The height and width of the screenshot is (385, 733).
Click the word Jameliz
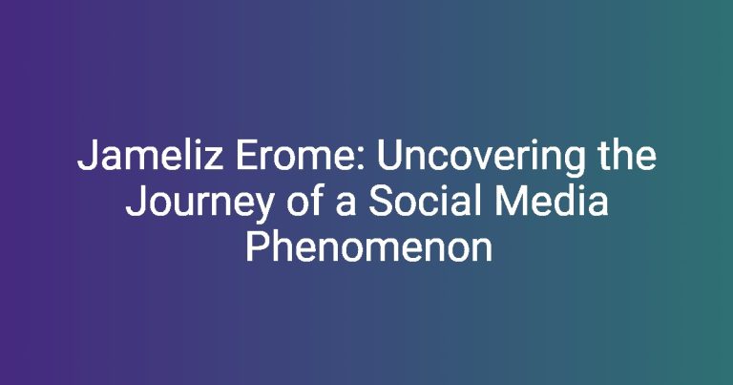150,156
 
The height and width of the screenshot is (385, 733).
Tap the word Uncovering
481,160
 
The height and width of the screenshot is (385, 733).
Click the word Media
552,202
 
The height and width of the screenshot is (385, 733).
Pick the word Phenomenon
368,247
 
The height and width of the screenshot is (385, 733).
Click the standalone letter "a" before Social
346,205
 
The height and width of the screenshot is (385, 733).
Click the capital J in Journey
135,203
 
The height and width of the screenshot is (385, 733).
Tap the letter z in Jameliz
214,160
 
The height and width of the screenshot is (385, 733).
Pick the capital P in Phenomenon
257,247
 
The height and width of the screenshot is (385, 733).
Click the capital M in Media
510,203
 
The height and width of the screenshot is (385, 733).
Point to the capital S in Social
381,203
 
